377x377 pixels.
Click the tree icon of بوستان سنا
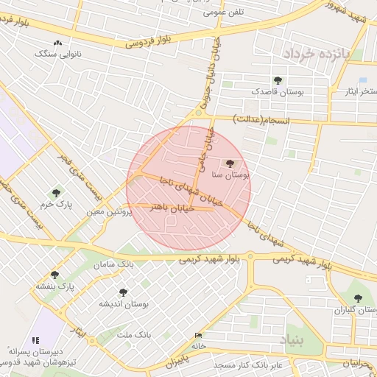pos(230,163)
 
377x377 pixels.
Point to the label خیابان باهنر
pos(171,208)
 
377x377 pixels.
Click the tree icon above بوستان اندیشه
pos(123,292)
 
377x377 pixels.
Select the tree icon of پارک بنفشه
pos(54,275)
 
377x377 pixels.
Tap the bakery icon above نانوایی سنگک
pos(57,43)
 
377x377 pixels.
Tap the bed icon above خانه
pos(197,335)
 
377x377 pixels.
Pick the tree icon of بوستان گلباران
pos(358,298)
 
